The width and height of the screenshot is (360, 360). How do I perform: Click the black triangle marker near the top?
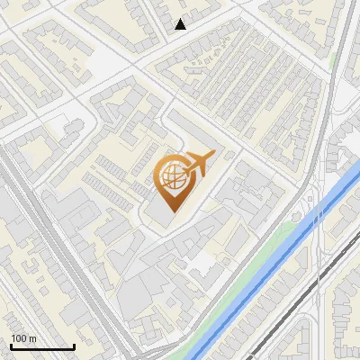[x=181, y=24]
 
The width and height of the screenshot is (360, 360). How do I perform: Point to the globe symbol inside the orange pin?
[x=171, y=177]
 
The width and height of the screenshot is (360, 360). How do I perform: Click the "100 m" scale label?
[x=23, y=338]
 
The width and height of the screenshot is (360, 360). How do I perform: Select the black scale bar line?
[x=42, y=347]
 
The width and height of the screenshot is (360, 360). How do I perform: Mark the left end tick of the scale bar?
[x=11, y=346]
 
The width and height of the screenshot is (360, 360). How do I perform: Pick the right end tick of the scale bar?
[x=74, y=346]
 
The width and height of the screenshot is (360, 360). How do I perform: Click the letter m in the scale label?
[x=32, y=338]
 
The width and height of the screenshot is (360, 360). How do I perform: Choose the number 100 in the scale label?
[x=19, y=338]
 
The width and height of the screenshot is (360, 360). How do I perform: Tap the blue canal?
[x=270, y=270]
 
